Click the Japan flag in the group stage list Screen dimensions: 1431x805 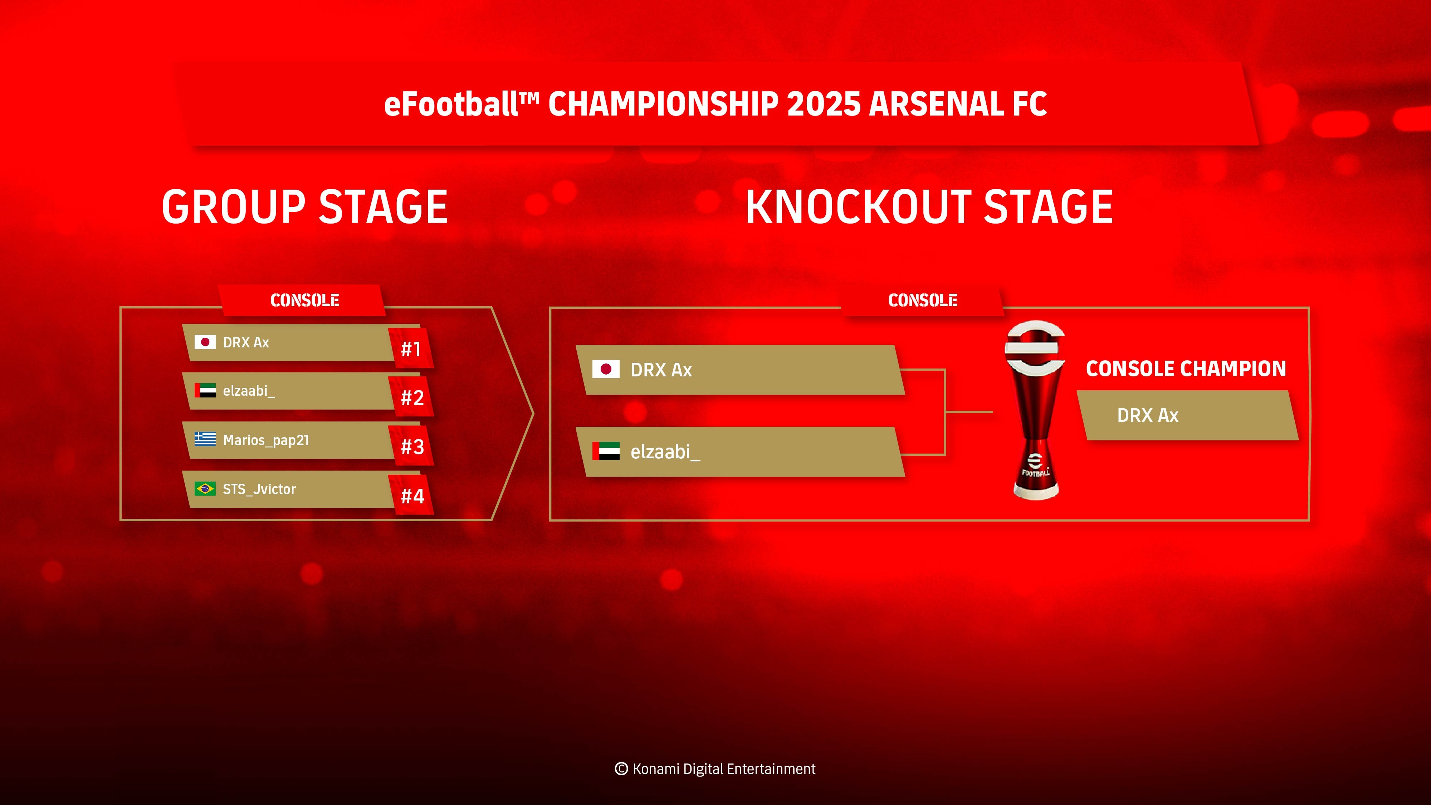205,342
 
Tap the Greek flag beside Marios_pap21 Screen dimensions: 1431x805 205,439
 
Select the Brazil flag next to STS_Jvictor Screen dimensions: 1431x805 205,489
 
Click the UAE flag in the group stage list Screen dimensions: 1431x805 205,391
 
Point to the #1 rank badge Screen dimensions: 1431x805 411,349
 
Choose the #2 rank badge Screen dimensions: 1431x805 412,397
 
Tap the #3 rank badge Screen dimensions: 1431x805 412,446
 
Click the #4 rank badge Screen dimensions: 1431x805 412,495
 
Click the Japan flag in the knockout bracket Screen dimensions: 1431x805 606,369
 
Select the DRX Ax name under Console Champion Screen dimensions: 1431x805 1148,415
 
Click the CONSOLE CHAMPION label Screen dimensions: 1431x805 1186,369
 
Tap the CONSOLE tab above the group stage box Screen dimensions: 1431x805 304,301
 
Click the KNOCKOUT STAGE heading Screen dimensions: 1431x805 929,207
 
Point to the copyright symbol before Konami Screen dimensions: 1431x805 621,769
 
